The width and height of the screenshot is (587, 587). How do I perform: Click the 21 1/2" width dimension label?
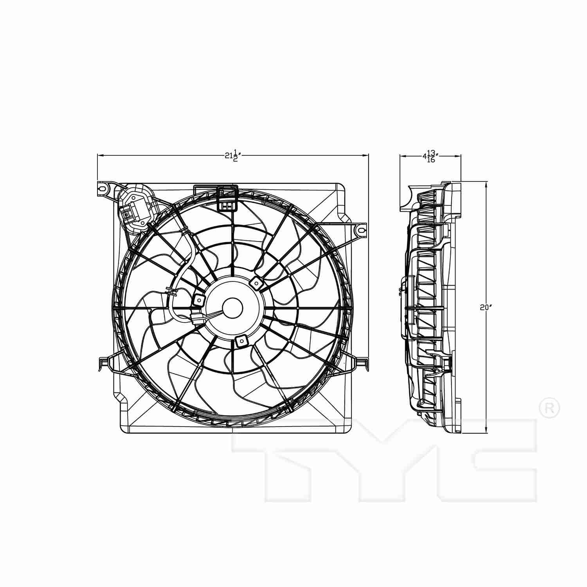click(232, 155)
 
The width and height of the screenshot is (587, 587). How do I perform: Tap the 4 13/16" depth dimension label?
click(430, 156)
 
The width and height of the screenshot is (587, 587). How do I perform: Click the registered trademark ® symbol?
click(549, 408)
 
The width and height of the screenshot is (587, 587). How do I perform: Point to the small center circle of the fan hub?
click(232, 308)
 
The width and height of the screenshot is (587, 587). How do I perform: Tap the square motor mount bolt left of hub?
click(199, 300)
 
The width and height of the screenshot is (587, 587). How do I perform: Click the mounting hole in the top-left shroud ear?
click(103, 188)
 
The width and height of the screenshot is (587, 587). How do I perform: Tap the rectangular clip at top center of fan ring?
click(227, 198)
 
